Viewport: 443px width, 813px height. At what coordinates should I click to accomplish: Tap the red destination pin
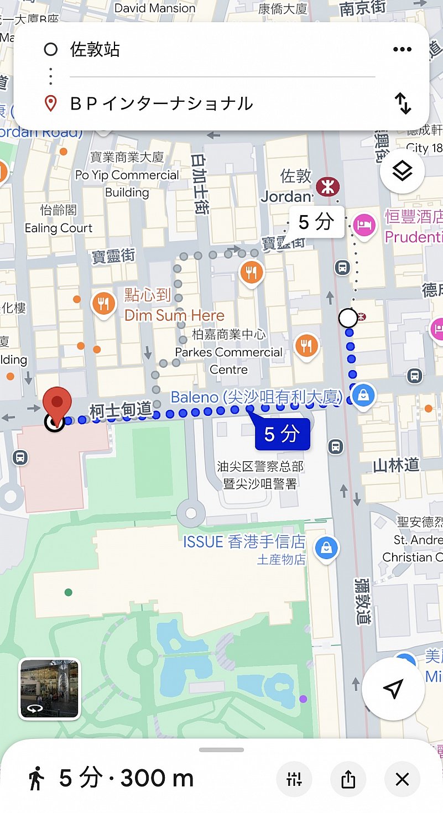[58, 403]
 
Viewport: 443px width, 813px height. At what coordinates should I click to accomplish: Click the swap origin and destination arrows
[403, 103]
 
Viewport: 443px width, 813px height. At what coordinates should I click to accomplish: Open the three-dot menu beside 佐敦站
[402, 50]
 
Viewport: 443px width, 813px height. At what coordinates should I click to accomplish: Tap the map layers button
[402, 171]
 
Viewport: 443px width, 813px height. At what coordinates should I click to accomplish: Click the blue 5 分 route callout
[282, 435]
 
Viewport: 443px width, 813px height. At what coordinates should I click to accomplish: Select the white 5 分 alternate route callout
[316, 222]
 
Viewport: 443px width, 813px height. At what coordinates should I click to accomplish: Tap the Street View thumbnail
[49, 689]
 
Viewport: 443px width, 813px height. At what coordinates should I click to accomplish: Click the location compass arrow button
[393, 689]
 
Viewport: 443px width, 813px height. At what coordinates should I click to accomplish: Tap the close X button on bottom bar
[402, 779]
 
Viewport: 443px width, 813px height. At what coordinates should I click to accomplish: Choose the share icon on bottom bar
[348, 779]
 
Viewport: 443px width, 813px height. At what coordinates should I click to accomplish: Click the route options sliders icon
[294, 779]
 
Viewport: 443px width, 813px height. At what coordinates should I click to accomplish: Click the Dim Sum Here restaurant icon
[103, 304]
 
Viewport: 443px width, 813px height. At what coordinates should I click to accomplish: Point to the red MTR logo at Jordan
[328, 187]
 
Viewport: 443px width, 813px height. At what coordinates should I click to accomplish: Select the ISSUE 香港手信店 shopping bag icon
[326, 548]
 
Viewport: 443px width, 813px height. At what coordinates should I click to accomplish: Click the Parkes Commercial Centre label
[228, 352]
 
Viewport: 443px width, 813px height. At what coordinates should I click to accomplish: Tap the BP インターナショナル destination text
[161, 103]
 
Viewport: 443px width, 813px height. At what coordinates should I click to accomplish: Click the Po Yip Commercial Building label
[127, 175]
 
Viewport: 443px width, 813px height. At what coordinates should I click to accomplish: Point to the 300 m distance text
[157, 779]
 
